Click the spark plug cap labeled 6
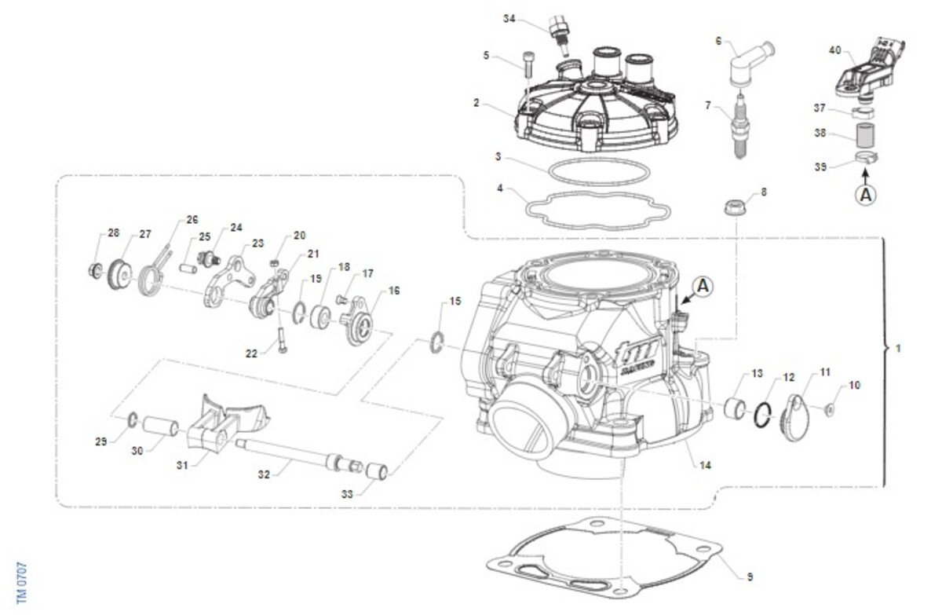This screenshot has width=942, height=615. pyautogui.click(x=741, y=66)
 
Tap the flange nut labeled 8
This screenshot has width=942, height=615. pyautogui.click(x=736, y=209)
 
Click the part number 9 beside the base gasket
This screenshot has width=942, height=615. pyautogui.click(x=750, y=577)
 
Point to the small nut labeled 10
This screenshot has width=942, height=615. pyautogui.click(x=831, y=408)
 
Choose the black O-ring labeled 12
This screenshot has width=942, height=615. pyautogui.click(x=761, y=414)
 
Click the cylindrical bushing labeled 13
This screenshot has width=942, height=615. pyautogui.click(x=736, y=409)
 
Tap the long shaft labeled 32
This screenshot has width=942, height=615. pyautogui.click(x=290, y=450)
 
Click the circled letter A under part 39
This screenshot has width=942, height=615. pyautogui.click(x=866, y=195)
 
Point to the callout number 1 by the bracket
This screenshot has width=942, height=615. pyautogui.click(x=899, y=347)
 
